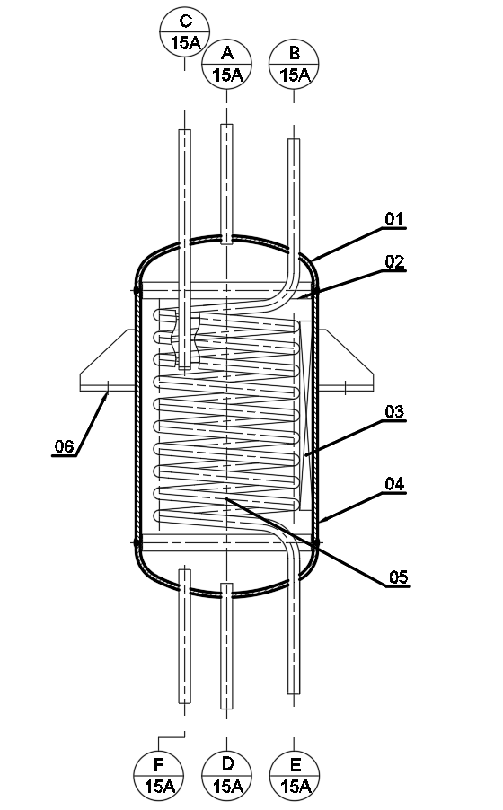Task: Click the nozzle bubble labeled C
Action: (x=184, y=31)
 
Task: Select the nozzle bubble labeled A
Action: (x=226, y=64)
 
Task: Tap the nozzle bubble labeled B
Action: (x=294, y=64)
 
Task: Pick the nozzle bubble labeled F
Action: (x=159, y=775)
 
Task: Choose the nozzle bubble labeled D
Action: (x=226, y=775)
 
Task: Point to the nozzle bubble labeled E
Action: (x=295, y=775)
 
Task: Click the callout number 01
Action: (x=394, y=219)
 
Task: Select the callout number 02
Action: (x=394, y=262)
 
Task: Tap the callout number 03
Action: (x=394, y=411)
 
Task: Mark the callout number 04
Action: (x=394, y=484)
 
